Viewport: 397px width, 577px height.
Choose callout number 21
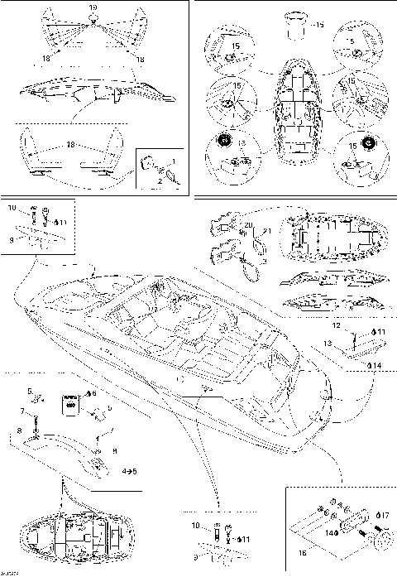(x=266, y=231)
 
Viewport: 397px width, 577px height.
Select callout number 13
(x=328, y=342)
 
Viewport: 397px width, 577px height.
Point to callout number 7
(x=22, y=411)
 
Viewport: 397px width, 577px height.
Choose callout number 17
(x=385, y=516)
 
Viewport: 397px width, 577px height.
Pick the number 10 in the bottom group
(x=196, y=526)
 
